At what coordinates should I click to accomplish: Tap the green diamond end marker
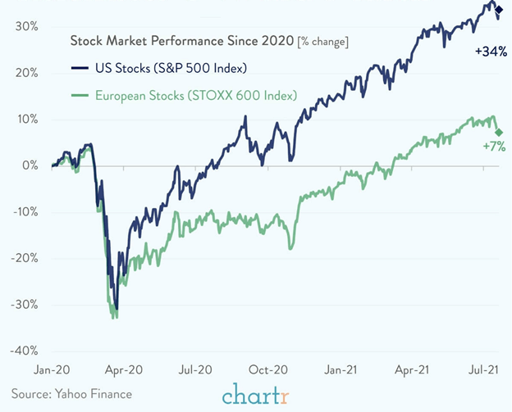(499, 132)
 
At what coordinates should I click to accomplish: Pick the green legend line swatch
(80, 96)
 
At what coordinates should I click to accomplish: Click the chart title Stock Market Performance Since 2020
(181, 40)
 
